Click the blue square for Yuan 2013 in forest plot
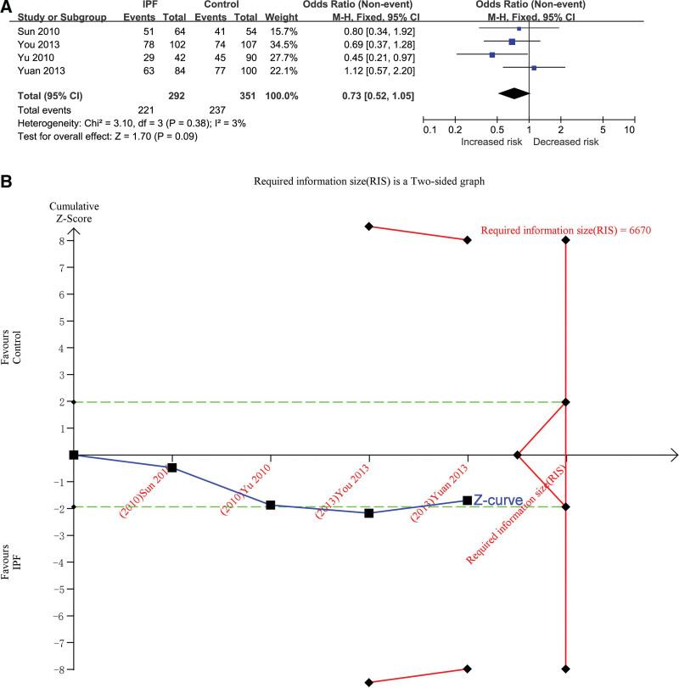coord(533,67)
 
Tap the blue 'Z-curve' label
coord(498,501)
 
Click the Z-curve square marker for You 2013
coord(369,513)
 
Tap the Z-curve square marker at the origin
coord(74,455)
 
